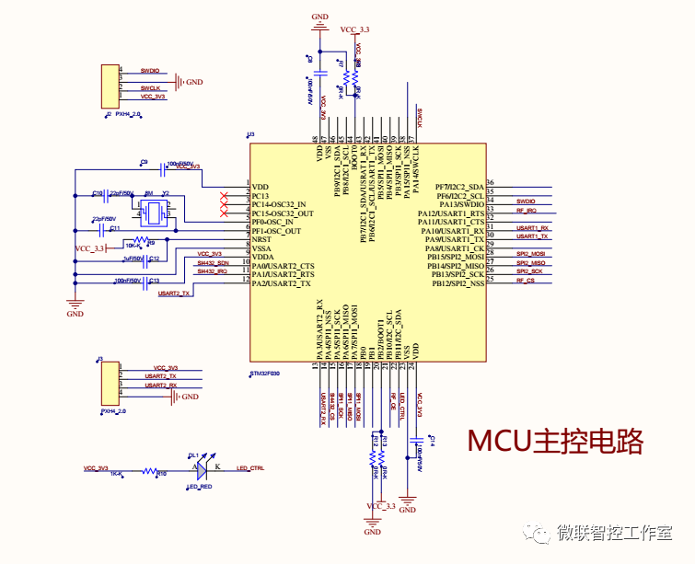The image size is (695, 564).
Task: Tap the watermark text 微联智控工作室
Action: [x=613, y=533]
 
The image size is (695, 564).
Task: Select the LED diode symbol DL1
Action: [x=205, y=468]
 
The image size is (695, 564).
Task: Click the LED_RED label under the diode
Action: [x=200, y=487]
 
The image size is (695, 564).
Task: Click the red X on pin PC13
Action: [x=224, y=196]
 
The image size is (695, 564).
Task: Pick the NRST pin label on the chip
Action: [x=261, y=239]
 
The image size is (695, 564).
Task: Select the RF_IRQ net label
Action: [x=526, y=212]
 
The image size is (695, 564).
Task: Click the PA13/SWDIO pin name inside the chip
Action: [x=461, y=204]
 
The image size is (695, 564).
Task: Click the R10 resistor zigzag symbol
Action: [x=149, y=469]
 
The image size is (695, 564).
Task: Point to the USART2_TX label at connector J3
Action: [x=160, y=376]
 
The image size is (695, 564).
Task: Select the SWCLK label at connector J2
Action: [x=150, y=87]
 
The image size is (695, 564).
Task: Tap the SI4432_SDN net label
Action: [x=212, y=262]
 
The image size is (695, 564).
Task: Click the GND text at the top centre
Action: [x=319, y=16]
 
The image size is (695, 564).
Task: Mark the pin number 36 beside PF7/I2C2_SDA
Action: [x=491, y=183]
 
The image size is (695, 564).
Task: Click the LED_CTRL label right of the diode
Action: [x=249, y=468]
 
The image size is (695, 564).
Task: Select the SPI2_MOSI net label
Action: [x=530, y=253]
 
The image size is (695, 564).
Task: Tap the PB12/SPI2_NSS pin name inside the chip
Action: [x=454, y=283]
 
